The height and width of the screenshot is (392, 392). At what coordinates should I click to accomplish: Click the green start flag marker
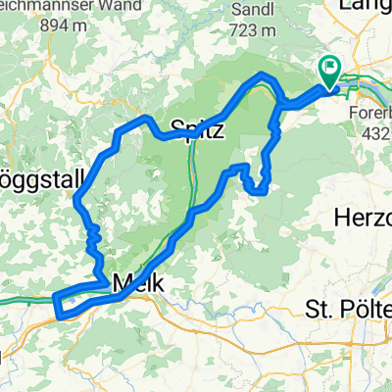pyautogui.click(x=327, y=70)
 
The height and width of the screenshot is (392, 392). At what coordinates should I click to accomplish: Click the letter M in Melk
pyautogui.click(x=120, y=283)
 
